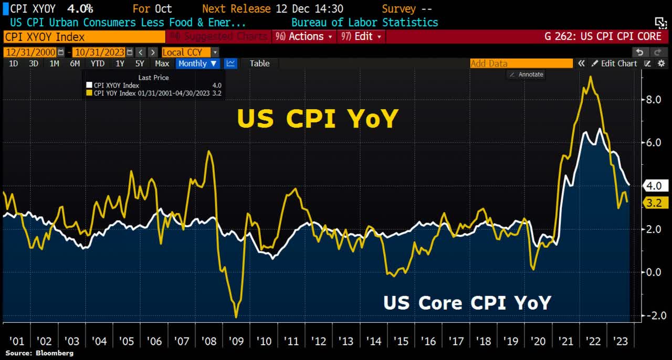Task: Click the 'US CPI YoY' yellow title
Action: pos(318,119)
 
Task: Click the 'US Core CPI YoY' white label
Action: pos(467,303)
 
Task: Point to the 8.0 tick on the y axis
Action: pos(653,99)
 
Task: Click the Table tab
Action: pos(259,63)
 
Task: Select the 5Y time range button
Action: pos(140,63)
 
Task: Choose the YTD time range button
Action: pos(97,63)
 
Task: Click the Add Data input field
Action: pos(521,63)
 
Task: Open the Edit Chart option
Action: pos(614,63)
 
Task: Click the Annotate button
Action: pos(527,75)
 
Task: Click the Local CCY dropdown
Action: pos(190,52)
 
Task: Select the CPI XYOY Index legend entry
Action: pos(116,86)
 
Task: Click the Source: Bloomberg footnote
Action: pos(39,353)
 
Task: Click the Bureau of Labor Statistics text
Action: pos(364,23)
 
